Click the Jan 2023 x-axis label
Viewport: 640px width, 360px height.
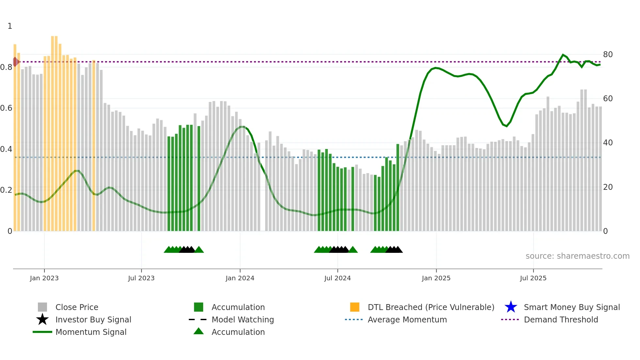(x=44, y=278)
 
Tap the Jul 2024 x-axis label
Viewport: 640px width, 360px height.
(x=337, y=278)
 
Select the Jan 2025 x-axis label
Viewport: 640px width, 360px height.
(x=436, y=278)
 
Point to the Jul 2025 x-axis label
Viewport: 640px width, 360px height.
(x=533, y=278)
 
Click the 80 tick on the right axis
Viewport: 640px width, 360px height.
(x=608, y=55)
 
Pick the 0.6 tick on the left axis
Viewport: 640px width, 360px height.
(x=7, y=108)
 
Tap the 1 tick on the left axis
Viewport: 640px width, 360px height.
(x=10, y=26)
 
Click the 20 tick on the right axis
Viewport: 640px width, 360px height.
(x=608, y=187)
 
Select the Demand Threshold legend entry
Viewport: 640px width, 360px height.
(x=561, y=319)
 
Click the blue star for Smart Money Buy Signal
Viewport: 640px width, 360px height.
(x=511, y=307)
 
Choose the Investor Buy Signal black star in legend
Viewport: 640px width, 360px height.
(x=42, y=319)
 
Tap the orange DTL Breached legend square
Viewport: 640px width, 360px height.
(x=355, y=307)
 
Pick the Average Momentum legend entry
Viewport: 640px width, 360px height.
(x=407, y=319)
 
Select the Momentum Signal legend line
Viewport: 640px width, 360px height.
(x=42, y=332)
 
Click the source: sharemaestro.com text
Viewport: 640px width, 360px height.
(x=577, y=256)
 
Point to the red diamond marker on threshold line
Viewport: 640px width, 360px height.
(x=15, y=62)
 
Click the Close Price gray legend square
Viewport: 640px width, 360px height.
(x=42, y=307)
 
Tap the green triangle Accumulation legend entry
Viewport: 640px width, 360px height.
(x=199, y=332)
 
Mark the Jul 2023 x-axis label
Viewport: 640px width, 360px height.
(x=141, y=278)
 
